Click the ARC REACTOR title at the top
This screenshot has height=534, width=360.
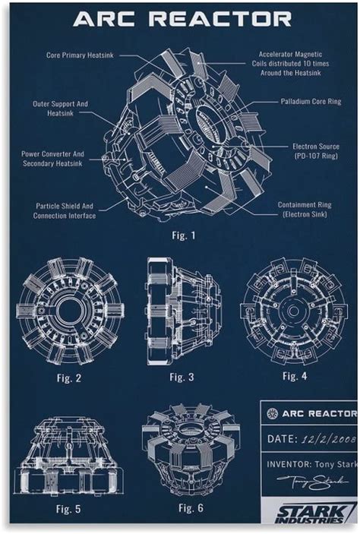pos(182,19)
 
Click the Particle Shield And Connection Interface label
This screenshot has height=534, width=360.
pos(65,210)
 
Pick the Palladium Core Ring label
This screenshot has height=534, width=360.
pos(311,101)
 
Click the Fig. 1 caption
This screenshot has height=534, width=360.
pos(182,235)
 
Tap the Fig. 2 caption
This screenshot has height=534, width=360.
pos(69,377)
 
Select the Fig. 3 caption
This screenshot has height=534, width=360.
pos(182,378)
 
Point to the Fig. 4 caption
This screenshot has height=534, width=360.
pos(295,376)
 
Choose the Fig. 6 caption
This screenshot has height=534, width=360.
pos(191,507)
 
